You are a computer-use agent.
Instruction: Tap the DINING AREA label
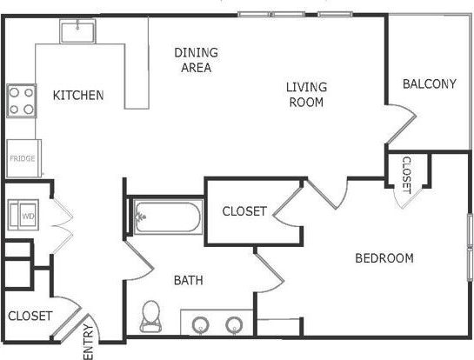[196, 60]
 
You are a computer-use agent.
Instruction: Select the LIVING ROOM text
[307, 94]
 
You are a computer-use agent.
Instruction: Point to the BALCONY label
[430, 84]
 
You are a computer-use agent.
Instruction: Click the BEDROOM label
[384, 257]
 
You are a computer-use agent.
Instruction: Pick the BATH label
[188, 280]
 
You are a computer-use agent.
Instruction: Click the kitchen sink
[77, 31]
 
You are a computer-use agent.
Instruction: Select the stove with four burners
[21, 100]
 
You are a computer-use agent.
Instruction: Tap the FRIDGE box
[21, 159]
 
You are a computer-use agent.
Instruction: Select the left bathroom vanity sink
[202, 324]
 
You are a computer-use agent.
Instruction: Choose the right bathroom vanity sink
[233, 324]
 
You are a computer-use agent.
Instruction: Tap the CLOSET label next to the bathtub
[244, 211]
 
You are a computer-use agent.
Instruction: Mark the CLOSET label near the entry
[30, 316]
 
